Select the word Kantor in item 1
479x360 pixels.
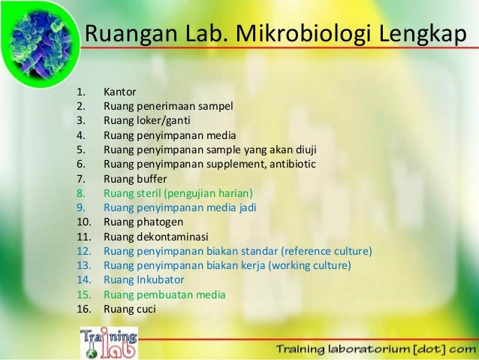click(120, 92)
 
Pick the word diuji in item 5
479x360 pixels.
click(300, 150)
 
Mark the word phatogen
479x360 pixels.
click(159, 222)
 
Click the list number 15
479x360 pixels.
click(83, 293)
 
